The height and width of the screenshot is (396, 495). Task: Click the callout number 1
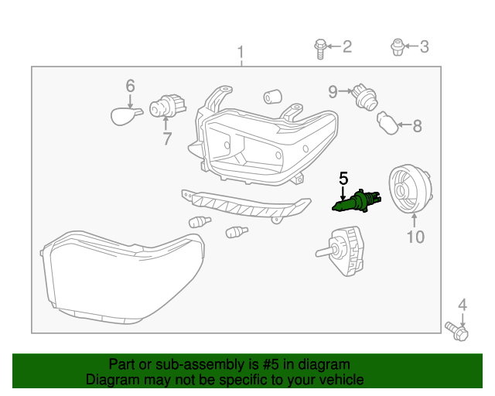[x=241, y=54]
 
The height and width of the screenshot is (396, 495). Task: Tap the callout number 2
[x=346, y=47]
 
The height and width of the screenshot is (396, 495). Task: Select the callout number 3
[x=423, y=47]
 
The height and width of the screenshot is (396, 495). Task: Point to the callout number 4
[x=463, y=305]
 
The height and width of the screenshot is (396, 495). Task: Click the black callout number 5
[x=343, y=179]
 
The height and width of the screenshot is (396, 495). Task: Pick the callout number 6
[x=130, y=86]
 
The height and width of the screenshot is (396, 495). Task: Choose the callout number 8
[x=417, y=126]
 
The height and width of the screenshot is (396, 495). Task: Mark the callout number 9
[x=333, y=92]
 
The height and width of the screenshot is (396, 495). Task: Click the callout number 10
[x=415, y=237]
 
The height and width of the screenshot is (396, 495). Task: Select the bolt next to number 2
[x=319, y=47]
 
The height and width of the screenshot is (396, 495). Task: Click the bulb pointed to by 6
[x=125, y=116]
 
